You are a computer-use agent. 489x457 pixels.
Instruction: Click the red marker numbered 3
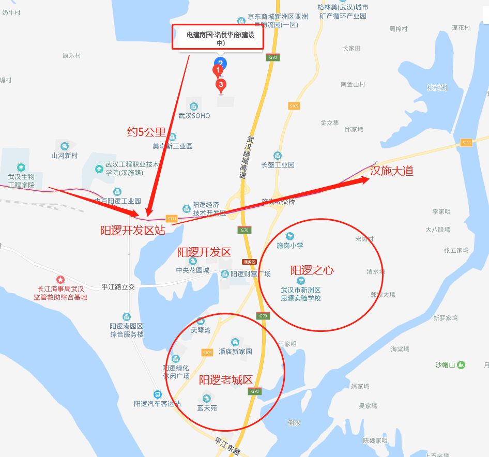221,85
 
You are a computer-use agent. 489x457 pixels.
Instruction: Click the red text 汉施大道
391,171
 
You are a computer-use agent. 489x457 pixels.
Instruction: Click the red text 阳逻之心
312,270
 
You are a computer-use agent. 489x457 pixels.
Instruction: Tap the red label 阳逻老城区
226,380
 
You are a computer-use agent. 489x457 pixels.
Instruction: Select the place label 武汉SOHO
194,116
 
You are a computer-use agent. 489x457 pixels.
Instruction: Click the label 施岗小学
290,246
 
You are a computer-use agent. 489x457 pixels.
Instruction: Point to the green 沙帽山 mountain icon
461,365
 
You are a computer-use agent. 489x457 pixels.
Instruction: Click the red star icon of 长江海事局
60,280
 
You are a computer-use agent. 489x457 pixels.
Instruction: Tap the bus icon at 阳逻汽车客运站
158,394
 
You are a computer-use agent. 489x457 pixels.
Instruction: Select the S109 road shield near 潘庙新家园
207,353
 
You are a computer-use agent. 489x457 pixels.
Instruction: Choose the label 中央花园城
193,270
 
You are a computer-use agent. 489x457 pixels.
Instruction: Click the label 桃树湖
437,88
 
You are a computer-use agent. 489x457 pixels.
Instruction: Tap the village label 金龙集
329,123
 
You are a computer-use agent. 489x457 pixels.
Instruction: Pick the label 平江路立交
118,286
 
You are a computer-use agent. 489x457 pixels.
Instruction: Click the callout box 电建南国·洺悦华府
221,39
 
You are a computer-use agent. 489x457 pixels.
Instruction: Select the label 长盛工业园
278,164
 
